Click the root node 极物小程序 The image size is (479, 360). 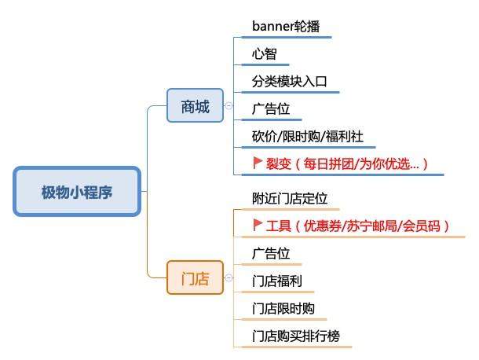coord(77,192)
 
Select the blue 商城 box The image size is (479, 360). coord(195,105)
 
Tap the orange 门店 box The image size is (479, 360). coord(195,277)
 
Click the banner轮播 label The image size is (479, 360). coord(286,26)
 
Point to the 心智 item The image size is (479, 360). coord(265,53)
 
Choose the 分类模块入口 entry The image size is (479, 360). coord(289,82)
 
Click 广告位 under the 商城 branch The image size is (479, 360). coord(271,109)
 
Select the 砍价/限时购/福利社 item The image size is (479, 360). coord(308,137)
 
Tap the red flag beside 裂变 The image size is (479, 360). coord(258,163)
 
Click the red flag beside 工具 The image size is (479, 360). coord(258,225)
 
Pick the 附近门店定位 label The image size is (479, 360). coord(290,199)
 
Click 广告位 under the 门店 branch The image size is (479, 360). coord(271,254)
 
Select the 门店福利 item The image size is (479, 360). coord(277,281)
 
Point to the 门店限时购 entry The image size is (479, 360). coord(283,309)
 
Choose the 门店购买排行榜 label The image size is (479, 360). coord(296,336)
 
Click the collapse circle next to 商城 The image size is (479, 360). coord(229,106)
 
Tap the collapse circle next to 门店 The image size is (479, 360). coord(229,277)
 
